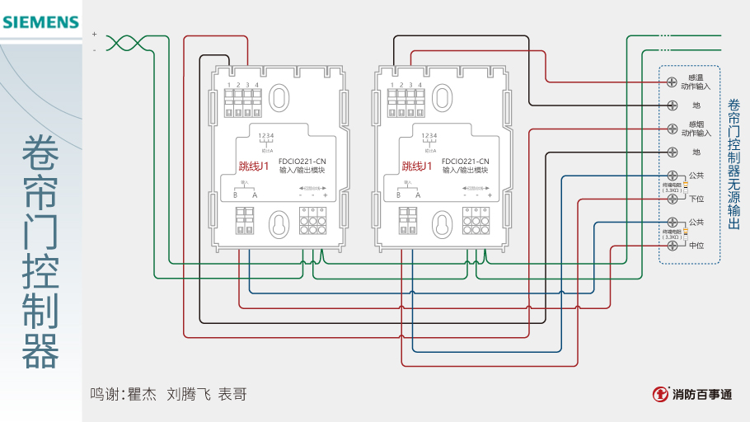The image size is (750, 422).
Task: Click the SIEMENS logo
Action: coord(40,22)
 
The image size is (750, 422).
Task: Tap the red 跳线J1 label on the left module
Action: coord(254,166)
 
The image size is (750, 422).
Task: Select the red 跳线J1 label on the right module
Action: coord(417,166)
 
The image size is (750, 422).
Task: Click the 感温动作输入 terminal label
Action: coord(696,82)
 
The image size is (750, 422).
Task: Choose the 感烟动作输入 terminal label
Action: coord(696,129)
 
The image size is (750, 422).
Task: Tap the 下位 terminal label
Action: coord(696,199)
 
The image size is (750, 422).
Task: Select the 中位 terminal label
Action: coord(696,246)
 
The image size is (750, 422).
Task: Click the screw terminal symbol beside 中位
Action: coord(673,246)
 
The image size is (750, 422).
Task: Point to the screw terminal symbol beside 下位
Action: coord(673,199)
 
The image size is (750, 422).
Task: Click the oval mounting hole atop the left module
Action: coord(280,98)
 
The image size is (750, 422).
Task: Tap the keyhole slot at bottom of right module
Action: coord(443,224)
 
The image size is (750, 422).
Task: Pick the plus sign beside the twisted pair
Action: coord(95,34)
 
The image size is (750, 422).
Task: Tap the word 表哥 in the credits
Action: coord(232,394)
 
